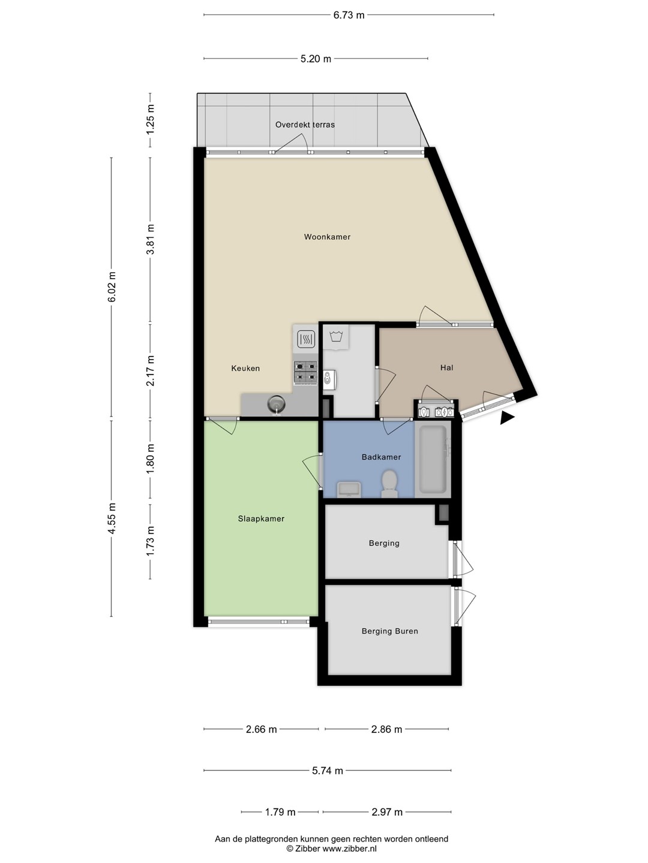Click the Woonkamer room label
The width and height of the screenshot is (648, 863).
(x=327, y=237)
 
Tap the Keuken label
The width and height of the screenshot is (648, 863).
(x=245, y=369)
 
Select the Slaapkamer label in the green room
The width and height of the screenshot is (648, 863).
(x=261, y=518)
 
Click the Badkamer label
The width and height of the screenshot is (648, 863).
(x=381, y=457)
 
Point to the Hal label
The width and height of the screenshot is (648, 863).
(x=446, y=367)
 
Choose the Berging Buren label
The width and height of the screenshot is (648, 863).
(x=389, y=631)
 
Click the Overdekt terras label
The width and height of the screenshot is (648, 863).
(x=305, y=125)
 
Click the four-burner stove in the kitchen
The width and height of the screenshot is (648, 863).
(x=306, y=373)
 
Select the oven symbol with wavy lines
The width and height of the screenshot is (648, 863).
(x=306, y=339)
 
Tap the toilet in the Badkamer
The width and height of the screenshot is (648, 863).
(x=389, y=484)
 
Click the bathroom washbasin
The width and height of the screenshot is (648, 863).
(x=349, y=490)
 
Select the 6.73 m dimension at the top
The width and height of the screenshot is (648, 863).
(x=349, y=15)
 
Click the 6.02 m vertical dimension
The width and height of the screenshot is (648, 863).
(x=112, y=287)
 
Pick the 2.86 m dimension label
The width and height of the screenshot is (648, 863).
(x=387, y=729)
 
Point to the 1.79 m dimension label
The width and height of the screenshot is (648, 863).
(x=280, y=812)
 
